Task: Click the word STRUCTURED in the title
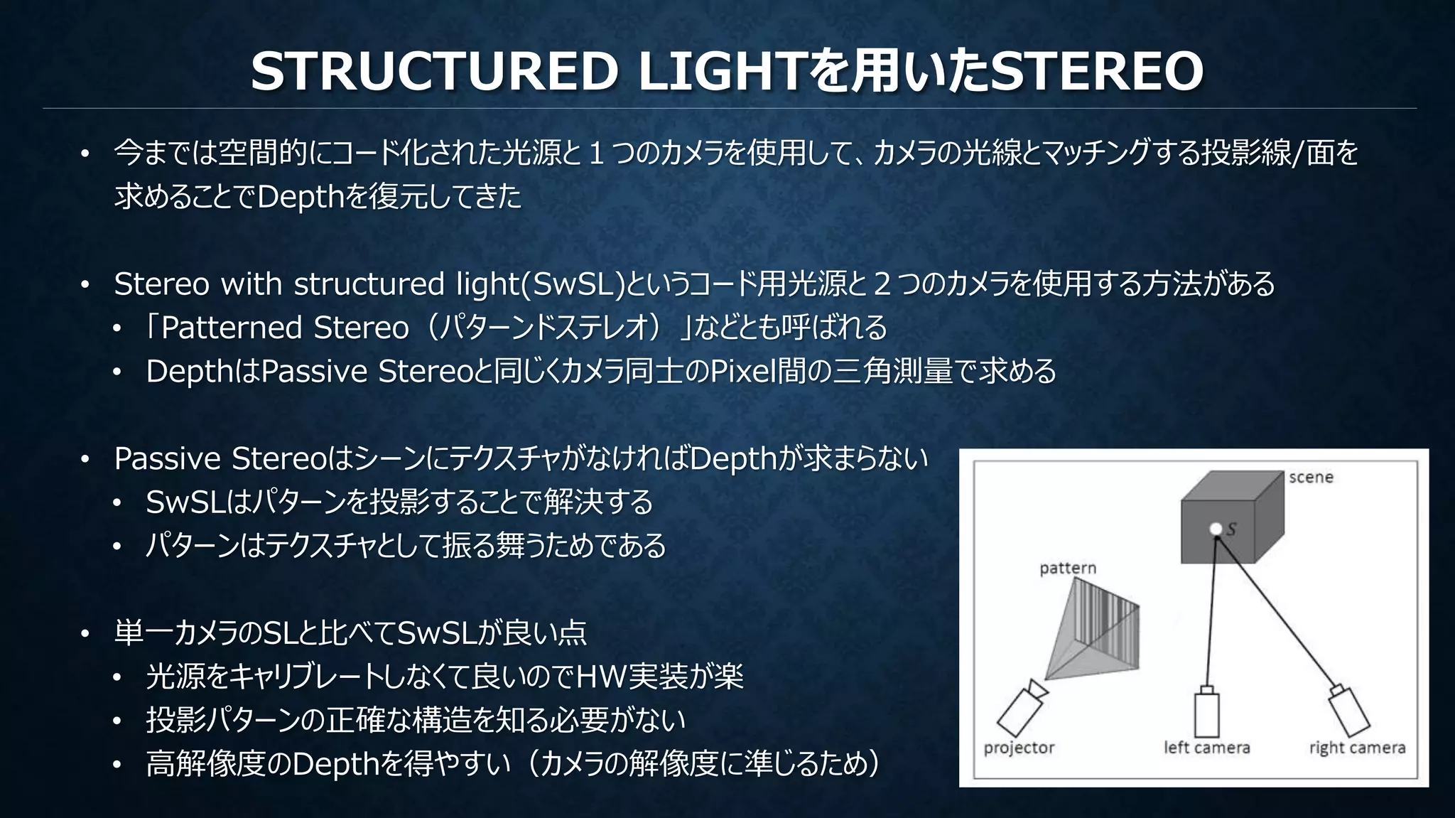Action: (x=434, y=72)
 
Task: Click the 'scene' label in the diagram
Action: (x=1311, y=478)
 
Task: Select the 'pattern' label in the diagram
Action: (x=1067, y=568)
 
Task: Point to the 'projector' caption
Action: (x=1019, y=748)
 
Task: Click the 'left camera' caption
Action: (x=1206, y=748)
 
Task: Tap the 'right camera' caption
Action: (x=1357, y=748)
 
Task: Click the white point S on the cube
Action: (x=1216, y=529)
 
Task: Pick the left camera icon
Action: (x=1206, y=713)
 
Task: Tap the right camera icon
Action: (x=1348, y=711)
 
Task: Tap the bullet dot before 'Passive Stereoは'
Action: (x=85, y=460)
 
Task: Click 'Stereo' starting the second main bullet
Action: (x=161, y=284)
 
